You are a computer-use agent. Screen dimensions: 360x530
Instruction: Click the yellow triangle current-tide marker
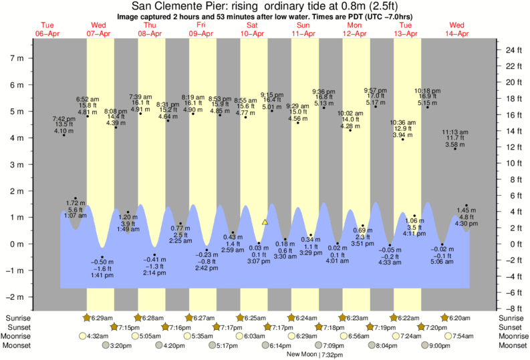tap(265, 222)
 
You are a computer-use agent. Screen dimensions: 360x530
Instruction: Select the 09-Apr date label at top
tap(202, 33)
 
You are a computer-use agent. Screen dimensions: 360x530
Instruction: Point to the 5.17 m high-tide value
tap(376, 102)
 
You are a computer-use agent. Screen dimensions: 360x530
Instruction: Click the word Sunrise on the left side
tap(18, 318)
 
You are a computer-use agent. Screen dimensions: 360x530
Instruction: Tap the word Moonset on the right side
tap(511, 346)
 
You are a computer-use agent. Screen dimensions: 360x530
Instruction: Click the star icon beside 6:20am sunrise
tap(444, 318)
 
